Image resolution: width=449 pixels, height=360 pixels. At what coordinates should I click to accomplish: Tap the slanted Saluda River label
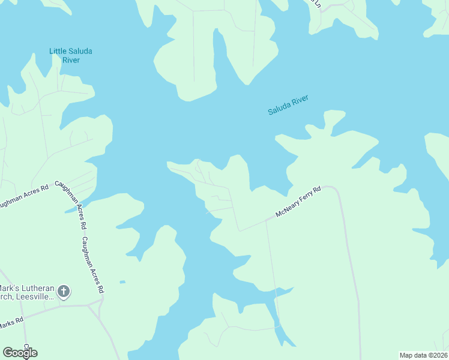(x=288, y=104)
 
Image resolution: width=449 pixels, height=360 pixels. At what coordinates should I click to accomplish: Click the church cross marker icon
(x=64, y=293)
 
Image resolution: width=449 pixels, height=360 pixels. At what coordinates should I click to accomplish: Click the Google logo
(x=20, y=352)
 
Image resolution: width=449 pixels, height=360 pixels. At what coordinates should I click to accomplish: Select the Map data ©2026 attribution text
(x=423, y=355)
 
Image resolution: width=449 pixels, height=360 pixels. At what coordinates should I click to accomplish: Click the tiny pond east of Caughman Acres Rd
(x=122, y=281)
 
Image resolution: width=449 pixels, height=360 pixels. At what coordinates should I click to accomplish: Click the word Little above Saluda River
(x=59, y=51)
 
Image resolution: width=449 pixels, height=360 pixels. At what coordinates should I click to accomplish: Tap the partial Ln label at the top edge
(x=318, y=4)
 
